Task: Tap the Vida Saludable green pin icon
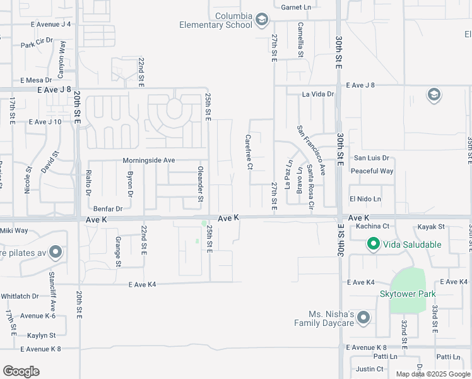(x=373, y=244)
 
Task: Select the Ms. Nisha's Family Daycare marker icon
(x=363, y=318)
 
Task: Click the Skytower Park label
(x=408, y=294)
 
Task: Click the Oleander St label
(x=201, y=184)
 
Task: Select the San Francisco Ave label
(x=311, y=150)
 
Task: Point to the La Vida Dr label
(x=317, y=94)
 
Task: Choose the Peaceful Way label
(x=372, y=171)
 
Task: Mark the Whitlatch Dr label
(x=20, y=296)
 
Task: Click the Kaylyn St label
(x=42, y=335)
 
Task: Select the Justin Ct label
(x=370, y=369)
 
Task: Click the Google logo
(x=21, y=371)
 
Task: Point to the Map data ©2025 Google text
(x=432, y=374)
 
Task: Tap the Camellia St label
(x=300, y=40)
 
